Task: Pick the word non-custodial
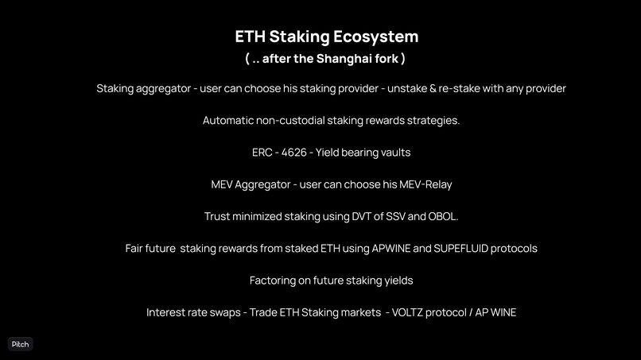(299, 121)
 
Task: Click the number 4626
(293, 153)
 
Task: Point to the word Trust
(219, 216)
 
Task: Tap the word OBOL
(442, 216)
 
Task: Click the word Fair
(137, 248)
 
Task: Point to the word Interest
(168, 312)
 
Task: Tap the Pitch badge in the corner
(20, 344)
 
